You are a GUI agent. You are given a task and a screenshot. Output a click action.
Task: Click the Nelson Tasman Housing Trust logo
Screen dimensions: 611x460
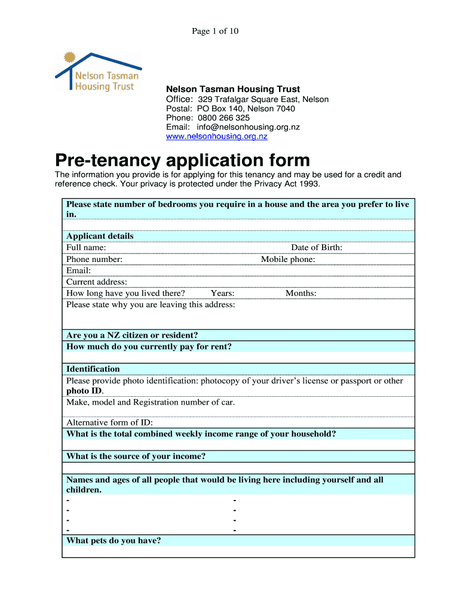(x=98, y=72)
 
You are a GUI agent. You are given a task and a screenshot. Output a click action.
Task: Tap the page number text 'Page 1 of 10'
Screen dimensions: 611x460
(x=215, y=31)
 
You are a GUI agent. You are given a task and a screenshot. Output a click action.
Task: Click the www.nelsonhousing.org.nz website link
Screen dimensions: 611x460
(x=216, y=137)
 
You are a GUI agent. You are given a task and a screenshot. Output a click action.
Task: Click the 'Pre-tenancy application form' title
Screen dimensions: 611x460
(x=183, y=161)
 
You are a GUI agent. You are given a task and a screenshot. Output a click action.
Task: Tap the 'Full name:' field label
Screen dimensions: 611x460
(x=86, y=248)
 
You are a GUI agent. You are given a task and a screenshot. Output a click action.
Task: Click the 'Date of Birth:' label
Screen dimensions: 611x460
(x=317, y=248)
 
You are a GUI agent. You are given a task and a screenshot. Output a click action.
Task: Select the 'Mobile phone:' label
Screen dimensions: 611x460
(x=288, y=260)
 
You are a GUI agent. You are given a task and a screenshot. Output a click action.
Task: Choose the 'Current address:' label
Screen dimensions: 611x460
(x=97, y=282)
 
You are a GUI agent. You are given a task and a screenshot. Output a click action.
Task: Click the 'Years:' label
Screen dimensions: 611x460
(x=222, y=293)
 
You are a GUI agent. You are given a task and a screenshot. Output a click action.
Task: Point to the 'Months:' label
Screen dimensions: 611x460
(x=300, y=293)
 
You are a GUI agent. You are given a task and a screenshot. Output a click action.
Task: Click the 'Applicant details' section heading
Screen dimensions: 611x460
(x=100, y=236)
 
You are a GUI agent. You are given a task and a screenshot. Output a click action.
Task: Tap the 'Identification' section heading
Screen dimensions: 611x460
(x=93, y=369)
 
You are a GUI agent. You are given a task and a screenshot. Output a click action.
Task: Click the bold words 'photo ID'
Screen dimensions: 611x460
(x=84, y=391)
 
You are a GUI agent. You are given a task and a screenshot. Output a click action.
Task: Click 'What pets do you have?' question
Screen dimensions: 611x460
(x=114, y=541)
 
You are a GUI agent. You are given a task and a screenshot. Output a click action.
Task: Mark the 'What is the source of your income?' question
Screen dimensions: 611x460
(x=136, y=456)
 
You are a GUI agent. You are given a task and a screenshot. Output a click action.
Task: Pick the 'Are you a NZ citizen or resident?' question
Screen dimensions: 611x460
(x=132, y=335)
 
